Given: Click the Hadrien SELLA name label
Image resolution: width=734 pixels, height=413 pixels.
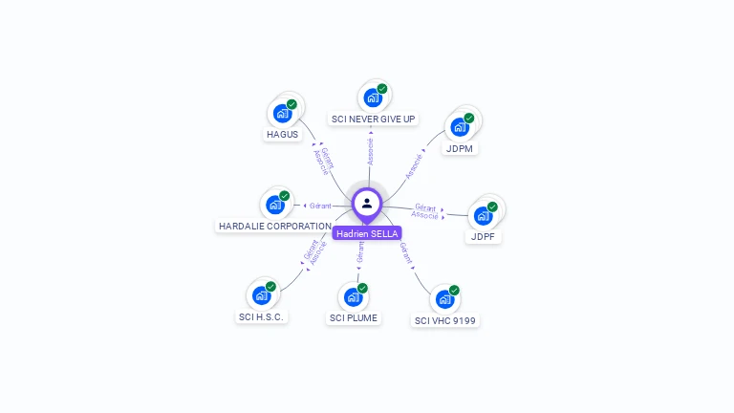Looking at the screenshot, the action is [367, 233].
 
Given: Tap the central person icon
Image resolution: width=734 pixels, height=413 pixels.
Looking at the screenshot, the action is [367, 203].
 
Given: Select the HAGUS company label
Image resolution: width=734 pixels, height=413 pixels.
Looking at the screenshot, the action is [283, 135].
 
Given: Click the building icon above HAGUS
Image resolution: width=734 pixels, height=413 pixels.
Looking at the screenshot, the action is [282, 114].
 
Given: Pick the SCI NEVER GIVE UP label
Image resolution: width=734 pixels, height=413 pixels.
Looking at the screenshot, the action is [373, 119].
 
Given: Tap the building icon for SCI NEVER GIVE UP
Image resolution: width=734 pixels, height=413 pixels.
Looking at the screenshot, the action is [372, 98].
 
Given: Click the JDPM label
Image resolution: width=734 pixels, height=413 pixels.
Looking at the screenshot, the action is [460, 149].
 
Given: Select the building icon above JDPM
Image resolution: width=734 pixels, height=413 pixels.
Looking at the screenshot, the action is [460, 127].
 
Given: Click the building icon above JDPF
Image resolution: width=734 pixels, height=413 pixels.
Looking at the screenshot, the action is [484, 215].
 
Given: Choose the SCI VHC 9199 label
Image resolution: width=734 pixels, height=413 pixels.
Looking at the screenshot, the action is [445, 321].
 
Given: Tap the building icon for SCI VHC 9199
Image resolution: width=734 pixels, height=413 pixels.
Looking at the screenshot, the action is [444, 298].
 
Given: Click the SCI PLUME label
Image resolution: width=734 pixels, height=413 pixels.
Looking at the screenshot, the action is [354, 317].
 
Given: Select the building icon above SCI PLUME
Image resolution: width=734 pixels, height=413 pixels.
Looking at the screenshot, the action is [353, 296].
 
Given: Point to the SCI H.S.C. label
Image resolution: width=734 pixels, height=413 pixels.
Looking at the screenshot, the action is [261, 317].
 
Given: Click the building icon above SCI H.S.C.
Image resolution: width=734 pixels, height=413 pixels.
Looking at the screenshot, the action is [261, 295].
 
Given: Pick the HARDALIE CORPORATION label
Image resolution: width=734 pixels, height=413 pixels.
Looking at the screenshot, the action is [275, 227].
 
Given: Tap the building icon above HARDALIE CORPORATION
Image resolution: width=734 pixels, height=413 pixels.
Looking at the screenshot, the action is [275, 205].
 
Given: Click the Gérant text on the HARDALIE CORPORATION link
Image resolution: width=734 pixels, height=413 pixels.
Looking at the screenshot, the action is [319, 206].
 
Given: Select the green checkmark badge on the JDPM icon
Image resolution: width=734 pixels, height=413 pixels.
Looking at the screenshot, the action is [469, 119].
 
